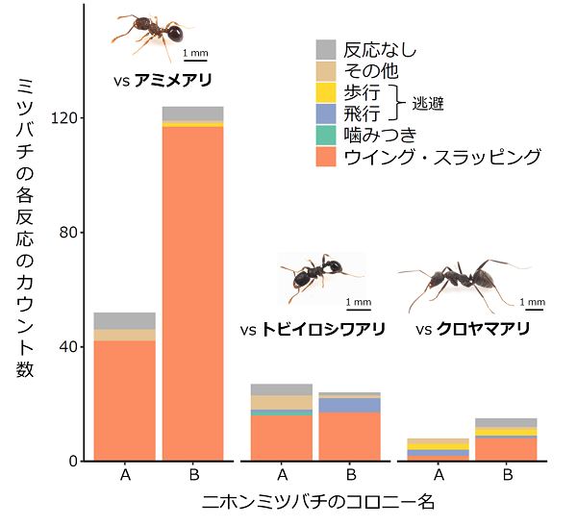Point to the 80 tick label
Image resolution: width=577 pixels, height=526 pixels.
tap(69, 233)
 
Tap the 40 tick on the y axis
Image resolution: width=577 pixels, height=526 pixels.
tap(69, 347)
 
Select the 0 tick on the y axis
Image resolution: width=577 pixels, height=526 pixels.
tap(74, 462)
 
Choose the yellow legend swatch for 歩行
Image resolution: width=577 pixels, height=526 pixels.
tap(326, 92)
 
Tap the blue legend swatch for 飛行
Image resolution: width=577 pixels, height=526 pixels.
tap(326, 113)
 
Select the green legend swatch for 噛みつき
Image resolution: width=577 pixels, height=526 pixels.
tap(326, 135)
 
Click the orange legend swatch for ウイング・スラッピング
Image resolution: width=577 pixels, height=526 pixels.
tap(326, 156)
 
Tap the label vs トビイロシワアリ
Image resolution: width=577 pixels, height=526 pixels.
tap(312, 330)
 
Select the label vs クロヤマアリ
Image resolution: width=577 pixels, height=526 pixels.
tap(473, 330)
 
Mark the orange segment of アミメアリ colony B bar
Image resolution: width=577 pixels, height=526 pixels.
tap(192, 288)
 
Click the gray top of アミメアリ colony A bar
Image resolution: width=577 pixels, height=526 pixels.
tap(124, 321)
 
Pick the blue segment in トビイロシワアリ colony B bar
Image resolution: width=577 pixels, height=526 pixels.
tap(350, 405)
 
